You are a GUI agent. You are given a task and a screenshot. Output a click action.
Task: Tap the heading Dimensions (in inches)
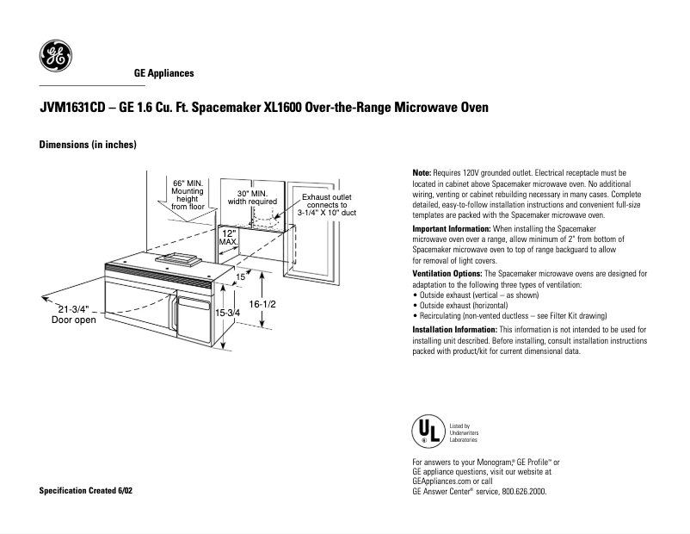88,145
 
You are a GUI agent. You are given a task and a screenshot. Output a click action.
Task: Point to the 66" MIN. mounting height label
188,195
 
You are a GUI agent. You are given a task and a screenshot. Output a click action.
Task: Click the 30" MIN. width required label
252,197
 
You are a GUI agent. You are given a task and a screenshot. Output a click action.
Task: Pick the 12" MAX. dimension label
228,238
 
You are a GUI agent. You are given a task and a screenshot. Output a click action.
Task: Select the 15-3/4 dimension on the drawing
227,314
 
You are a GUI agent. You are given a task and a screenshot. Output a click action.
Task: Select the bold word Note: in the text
424,173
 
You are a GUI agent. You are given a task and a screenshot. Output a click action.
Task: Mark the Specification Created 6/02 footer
87,490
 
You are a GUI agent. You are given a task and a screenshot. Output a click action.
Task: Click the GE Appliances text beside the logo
163,74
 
